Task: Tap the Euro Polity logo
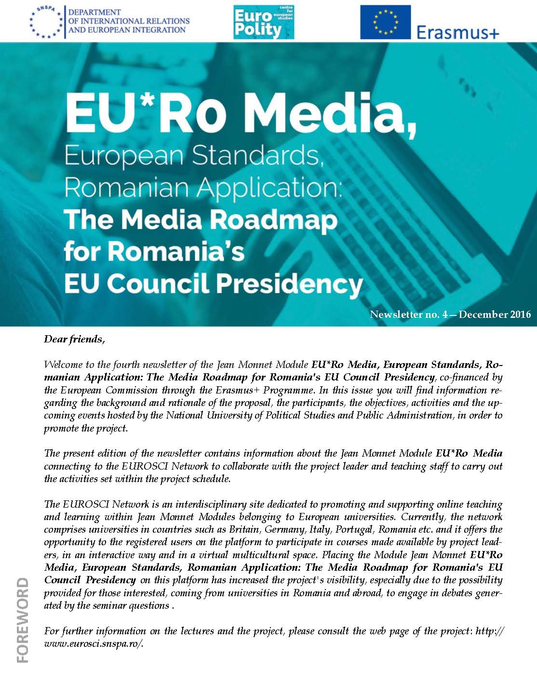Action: tap(263, 22)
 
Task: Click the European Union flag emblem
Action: tap(385, 22)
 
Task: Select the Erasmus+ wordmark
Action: tap(457, 32)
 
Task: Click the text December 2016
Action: tap(495, 314)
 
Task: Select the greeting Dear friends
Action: tap(74, 339)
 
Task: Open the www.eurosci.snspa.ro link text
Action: tap(94, 643)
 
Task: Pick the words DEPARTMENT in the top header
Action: tap(95, 12)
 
